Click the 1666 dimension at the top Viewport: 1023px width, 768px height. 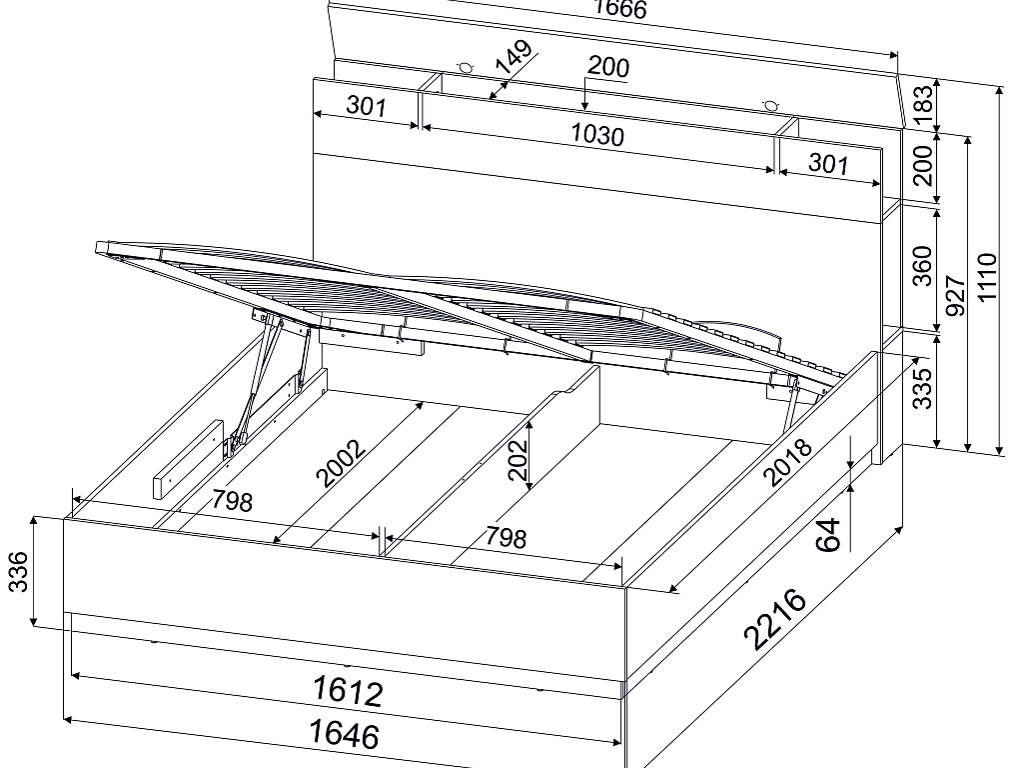(x=619, y=8)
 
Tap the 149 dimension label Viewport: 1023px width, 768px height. (x=514, y=57)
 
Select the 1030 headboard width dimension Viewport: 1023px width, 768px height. (x=597, y=134)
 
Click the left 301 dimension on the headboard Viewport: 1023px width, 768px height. (x=366, y=105)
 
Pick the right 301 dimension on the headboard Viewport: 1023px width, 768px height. (x=828, y=163)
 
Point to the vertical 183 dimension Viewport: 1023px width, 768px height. (x=924, y=105)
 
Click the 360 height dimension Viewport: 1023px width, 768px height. (x=922, y=266)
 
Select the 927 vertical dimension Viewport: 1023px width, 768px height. (x=954, y=295)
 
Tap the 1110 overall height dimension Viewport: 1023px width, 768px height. (x=987, y=277)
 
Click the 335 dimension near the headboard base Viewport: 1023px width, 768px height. (x=922, y=389)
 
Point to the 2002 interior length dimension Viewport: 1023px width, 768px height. (x=341, y=464)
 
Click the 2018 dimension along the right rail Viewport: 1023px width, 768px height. (x=787, y=462)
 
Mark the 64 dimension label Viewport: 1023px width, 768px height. (x=828, y=535)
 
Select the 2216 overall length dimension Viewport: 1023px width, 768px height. (x=776, y=620)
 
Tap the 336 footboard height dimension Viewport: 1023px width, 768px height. (x=19, y=571)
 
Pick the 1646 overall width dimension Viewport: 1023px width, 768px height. (x=344, y=732)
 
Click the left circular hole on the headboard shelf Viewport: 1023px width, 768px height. (x=466, y=67)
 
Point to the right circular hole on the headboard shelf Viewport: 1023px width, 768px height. (x=771, y=104)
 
